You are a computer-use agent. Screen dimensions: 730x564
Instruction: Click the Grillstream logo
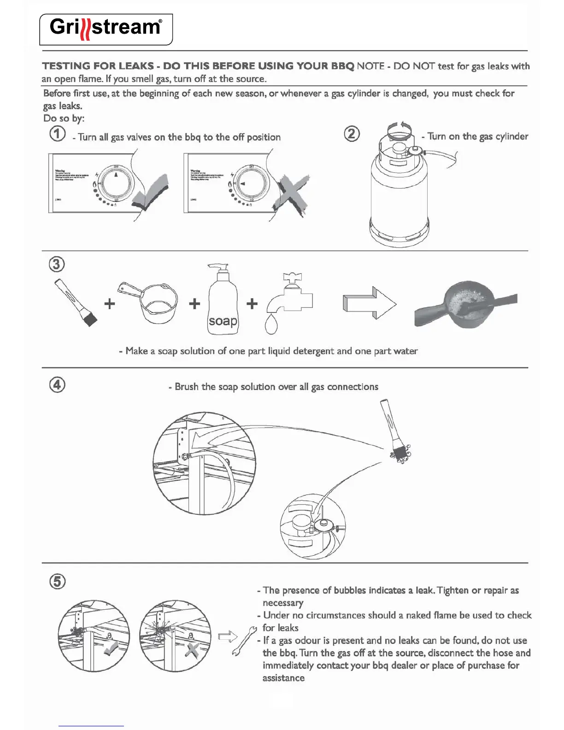[106, 29]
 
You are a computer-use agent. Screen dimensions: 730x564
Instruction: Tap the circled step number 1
[57, 135]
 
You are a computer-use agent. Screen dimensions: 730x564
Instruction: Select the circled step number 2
[352, 134]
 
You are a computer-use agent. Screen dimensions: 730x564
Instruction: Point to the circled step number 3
[57, 265]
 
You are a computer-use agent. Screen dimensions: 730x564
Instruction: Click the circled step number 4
[57, 385]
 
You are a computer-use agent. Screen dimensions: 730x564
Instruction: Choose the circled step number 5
[57, 582]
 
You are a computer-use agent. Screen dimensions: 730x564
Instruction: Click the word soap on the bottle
[223, 321]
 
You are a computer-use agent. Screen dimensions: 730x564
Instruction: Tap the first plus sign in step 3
[110, 304]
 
